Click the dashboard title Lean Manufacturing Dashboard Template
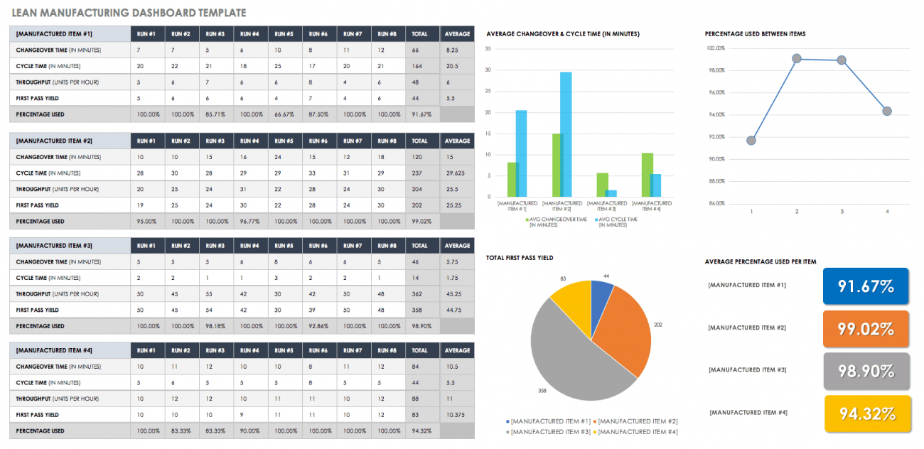(129, 13)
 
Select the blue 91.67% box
(865, 287)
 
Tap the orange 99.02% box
(865, 329)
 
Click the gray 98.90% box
(865, 371)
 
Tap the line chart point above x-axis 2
(796, 58)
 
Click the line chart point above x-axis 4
(886, 111)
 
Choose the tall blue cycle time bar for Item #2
(566, 134)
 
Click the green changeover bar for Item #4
(647, 175)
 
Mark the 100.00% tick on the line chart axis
(715, 48)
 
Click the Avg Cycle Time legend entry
(618, 222)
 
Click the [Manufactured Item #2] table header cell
(70, 141)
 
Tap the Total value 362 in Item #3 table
(419, 294)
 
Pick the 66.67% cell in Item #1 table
(284, 114)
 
